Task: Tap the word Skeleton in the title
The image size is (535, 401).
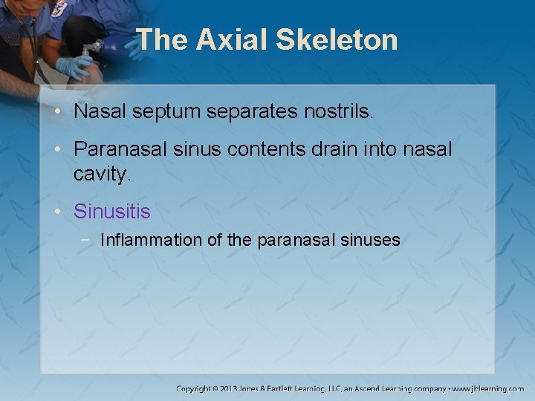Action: [337, 40]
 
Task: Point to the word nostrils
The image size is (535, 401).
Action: [342, 112]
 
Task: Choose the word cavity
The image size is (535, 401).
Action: [103, 174]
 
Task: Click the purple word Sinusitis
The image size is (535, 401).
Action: [111, 212]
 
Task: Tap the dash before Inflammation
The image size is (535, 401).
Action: [88, 240]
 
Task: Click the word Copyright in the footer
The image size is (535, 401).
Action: [195, 388]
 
